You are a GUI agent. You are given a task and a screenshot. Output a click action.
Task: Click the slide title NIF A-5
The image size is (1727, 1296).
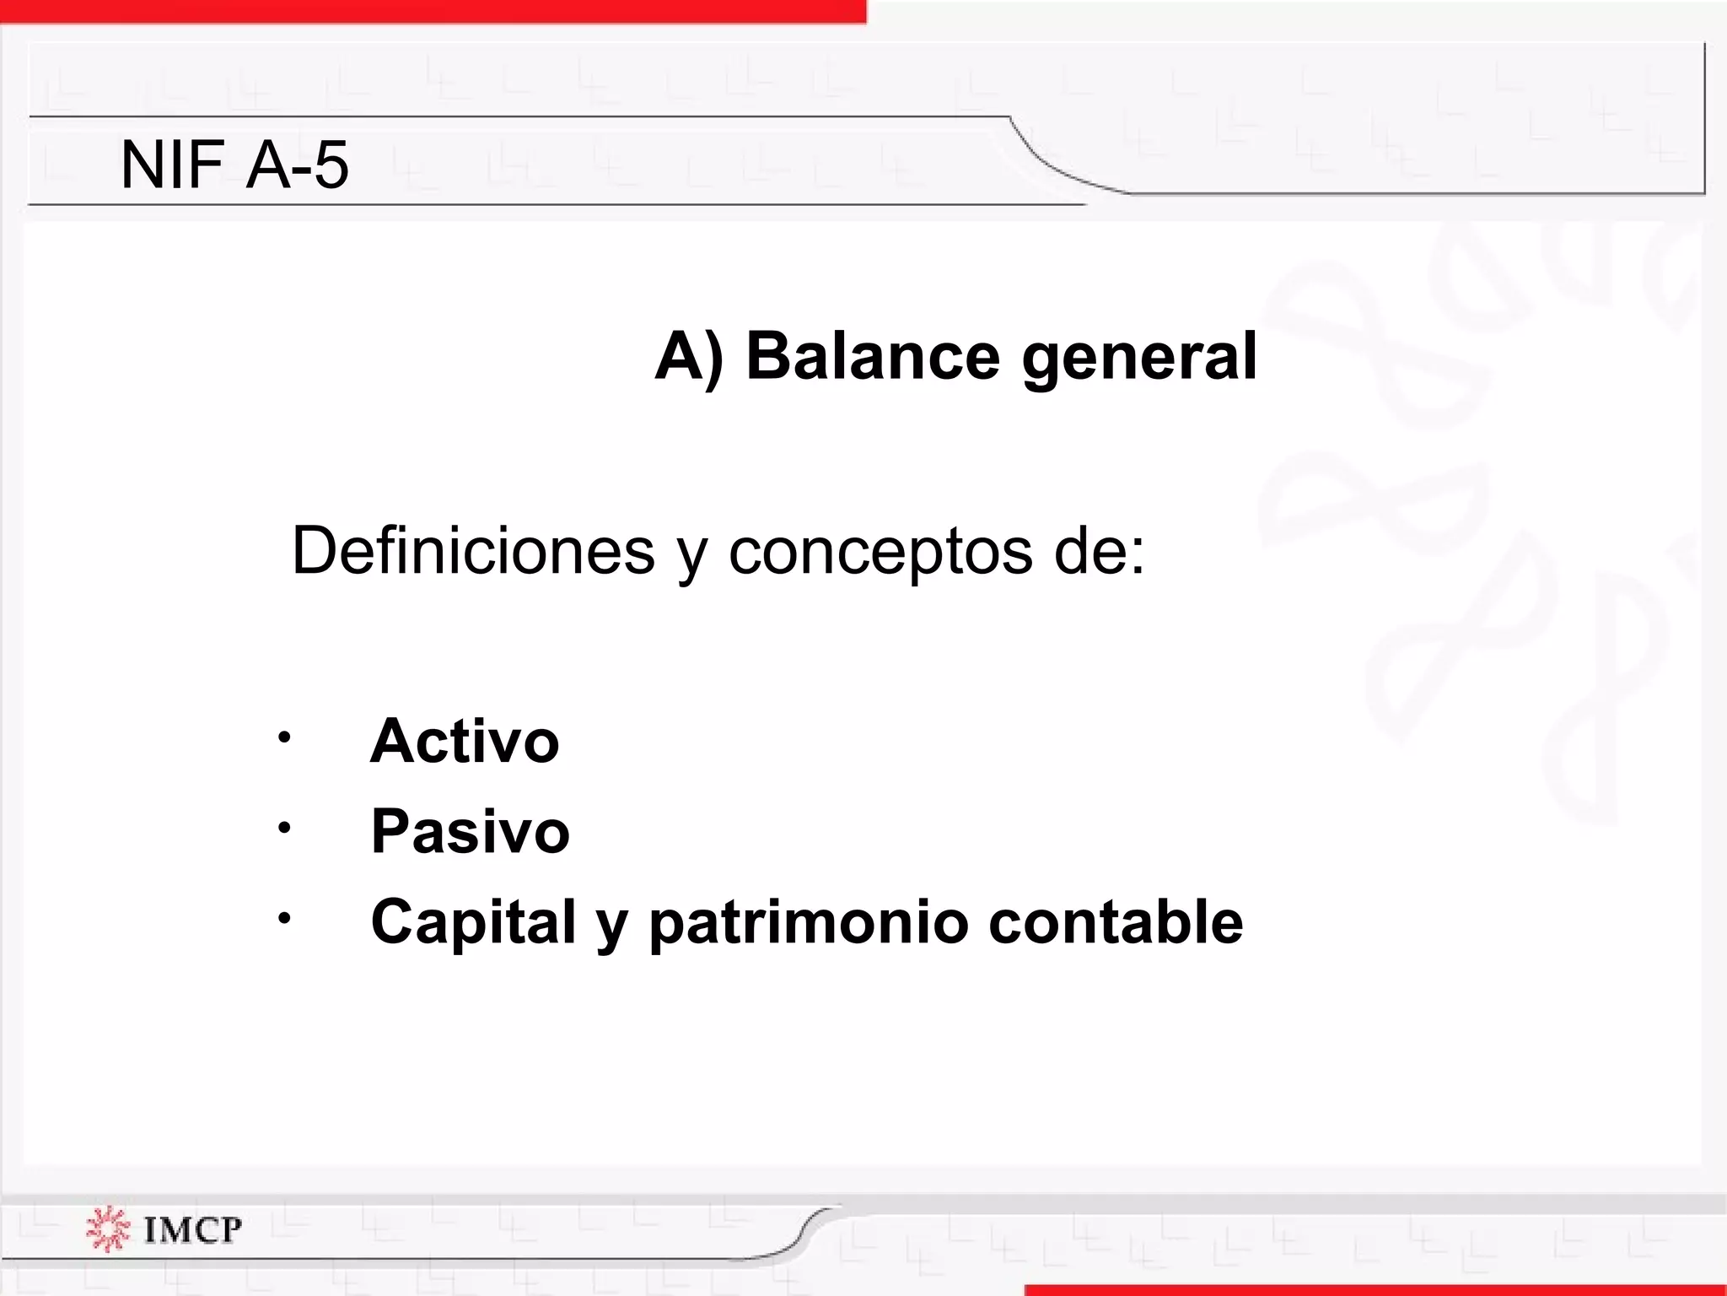[234, 165]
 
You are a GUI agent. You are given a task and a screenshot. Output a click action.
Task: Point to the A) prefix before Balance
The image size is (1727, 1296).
[688, 356]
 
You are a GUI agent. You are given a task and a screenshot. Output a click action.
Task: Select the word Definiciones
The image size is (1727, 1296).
[472, 550]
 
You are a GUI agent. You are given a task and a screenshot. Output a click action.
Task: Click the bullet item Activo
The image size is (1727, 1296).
[465, 741]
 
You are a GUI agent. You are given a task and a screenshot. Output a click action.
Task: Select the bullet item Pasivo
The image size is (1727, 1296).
[470, 831]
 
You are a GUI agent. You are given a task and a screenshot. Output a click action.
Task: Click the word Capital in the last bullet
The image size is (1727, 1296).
[473, 921]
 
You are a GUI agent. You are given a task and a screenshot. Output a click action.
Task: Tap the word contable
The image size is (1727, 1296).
[1115, 921]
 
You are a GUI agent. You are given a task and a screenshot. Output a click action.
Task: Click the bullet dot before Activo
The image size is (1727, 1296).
[284, 737]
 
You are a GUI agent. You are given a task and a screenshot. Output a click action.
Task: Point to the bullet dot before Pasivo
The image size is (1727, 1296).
[284, 828]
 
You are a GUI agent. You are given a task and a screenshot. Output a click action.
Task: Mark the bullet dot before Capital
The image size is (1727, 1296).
[284, 918]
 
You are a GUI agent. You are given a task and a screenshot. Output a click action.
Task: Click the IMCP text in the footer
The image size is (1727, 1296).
[192, 1229]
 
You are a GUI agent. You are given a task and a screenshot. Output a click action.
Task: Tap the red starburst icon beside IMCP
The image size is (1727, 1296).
[108, 1228]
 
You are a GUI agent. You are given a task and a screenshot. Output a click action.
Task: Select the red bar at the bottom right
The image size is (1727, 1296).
[1375, 1290]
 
